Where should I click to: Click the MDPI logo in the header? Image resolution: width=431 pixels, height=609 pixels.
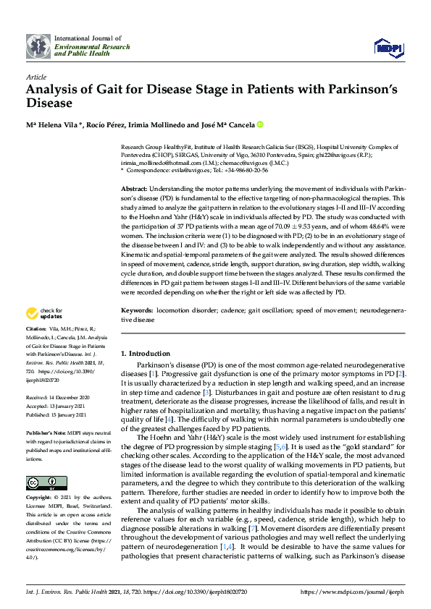pos(388,48)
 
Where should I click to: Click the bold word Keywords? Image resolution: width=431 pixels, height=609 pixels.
pos(138,310)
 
